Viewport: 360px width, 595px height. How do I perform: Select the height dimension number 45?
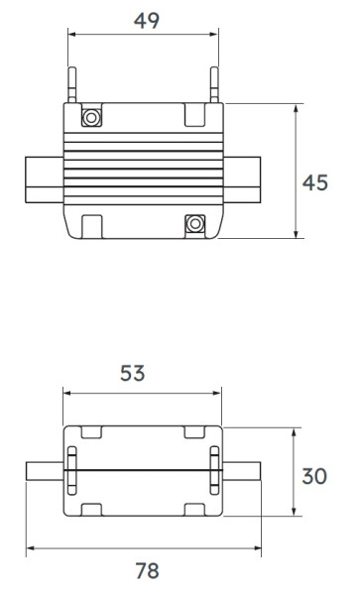(316, 184)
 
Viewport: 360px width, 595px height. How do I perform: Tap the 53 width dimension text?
(133, 373)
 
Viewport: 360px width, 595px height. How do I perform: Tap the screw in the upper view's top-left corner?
(91, 117)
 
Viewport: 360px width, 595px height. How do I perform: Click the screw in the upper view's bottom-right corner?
(194, 223)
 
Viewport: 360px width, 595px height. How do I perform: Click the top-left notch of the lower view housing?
(90, 432)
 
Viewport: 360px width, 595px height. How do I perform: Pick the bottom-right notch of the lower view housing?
(195, 510)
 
